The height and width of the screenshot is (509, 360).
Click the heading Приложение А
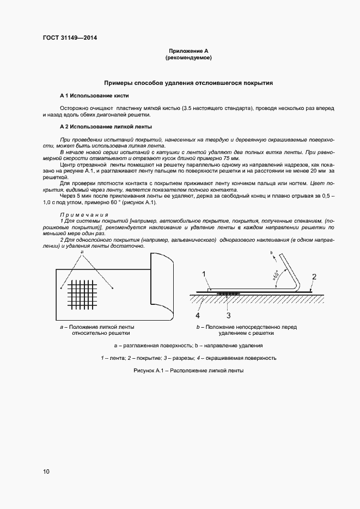coord(188,50)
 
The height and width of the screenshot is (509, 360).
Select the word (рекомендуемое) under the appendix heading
coord(188,57)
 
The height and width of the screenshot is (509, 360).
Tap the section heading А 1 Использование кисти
coord(94,95)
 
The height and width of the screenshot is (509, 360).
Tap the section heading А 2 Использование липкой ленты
coord(106,126)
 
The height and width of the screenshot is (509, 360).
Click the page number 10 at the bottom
coord(46,471)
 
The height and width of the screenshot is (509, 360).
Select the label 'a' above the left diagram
coord(82,254)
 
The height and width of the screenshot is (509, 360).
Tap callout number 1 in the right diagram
coord(203,274)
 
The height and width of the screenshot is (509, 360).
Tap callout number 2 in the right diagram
coord(314,277)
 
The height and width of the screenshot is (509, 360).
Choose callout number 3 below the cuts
coord(229,315)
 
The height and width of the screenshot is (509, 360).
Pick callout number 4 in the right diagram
coord(198,315)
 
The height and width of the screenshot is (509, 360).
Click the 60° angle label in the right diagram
coord(276,277)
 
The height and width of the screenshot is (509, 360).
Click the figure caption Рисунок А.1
coord(188,370)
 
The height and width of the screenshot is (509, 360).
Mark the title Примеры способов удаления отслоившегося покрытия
coord(188,83)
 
